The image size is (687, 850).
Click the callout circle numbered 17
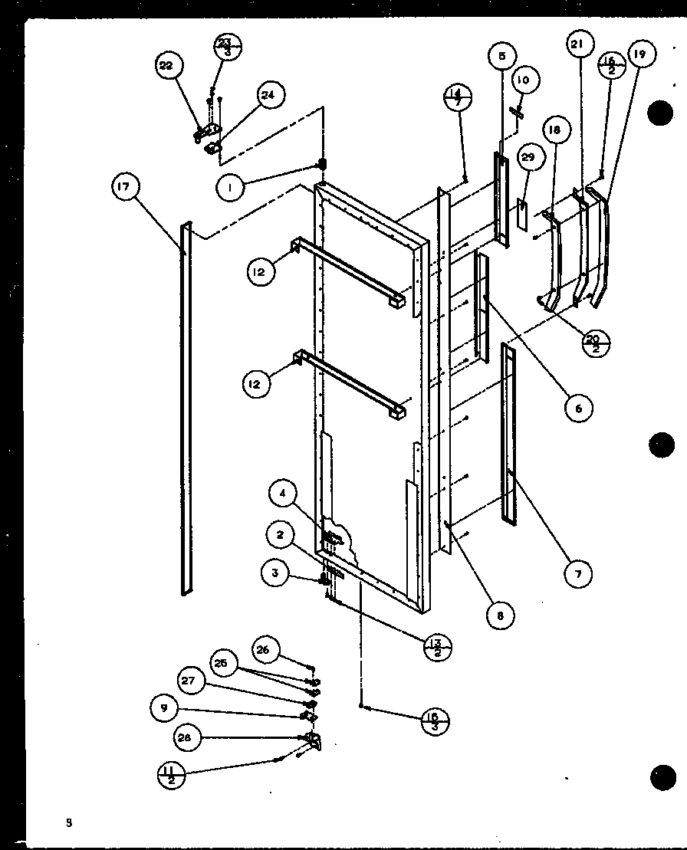[x=127, y=188]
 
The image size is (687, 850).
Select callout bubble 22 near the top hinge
[x=166, y=67]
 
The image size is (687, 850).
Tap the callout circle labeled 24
[x=268, y=96]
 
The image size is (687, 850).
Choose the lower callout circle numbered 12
[x=255, y=384]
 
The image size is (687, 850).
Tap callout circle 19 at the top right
[x=640, y=54]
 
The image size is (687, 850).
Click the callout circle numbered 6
[x=578, y=408]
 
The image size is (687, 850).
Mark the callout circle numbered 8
[x=500, y=614]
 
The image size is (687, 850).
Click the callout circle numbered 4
[x=283, y=494]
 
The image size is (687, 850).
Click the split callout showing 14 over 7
[x=458, y=98]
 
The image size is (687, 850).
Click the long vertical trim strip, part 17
[x=186, y=406]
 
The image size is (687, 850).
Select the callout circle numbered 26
[x=263, y=649]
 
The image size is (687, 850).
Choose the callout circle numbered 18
[x=554, y=130]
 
